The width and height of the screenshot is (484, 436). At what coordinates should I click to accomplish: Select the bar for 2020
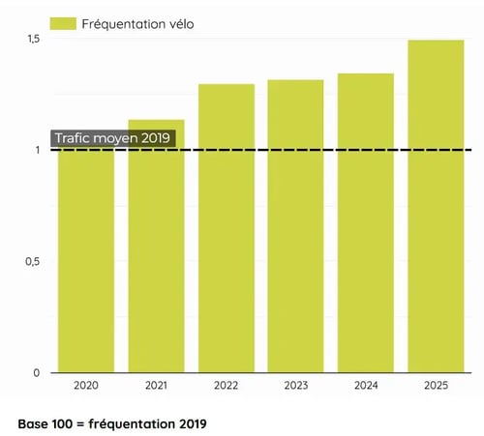86,261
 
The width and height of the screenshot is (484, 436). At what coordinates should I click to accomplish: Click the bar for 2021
156,247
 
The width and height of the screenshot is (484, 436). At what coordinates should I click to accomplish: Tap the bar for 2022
227,228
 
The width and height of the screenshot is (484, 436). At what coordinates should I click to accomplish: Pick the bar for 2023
295,226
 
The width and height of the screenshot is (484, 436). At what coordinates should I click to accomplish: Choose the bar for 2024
365,223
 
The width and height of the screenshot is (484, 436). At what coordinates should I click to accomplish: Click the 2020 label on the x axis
86,386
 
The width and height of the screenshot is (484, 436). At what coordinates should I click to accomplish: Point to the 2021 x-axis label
156,386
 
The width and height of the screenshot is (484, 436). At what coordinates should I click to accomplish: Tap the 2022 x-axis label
227,386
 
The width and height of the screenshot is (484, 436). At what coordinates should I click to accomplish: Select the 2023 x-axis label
295,386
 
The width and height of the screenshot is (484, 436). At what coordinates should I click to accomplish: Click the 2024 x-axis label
365,386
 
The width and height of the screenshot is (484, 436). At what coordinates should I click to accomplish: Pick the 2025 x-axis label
436,386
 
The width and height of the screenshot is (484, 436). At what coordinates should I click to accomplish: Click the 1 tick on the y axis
36,150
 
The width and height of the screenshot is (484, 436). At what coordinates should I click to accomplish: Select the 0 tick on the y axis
36,372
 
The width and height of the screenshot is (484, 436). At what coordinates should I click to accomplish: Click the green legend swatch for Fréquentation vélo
64,22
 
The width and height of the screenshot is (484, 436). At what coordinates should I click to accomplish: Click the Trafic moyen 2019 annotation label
112,138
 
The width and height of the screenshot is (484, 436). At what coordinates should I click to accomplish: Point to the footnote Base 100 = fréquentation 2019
111,423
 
